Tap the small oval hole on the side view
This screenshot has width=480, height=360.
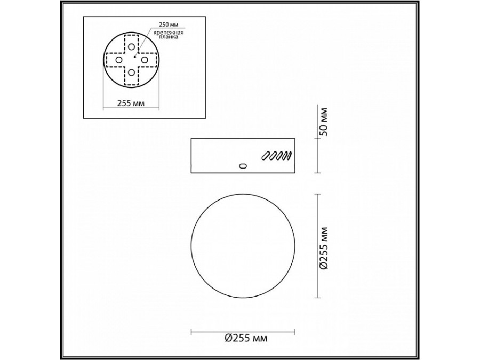click(243, 166)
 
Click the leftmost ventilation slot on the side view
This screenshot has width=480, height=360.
click(265, 156)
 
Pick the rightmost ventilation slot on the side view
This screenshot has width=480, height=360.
click(287, 156)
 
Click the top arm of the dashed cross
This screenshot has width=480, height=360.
click(131, 43)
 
